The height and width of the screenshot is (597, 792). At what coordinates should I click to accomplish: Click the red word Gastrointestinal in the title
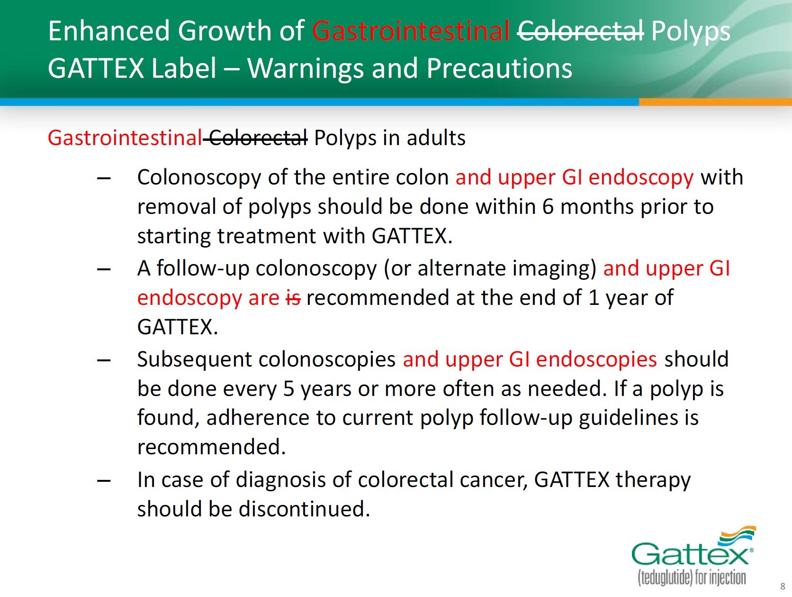(x=411, y=31)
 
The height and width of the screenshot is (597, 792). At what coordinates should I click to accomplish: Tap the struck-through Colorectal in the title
(x=580, y=31)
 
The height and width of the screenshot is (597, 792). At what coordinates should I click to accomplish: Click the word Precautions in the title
(x=499, y=68)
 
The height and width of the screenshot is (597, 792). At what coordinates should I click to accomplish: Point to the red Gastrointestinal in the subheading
(x=125, y=138)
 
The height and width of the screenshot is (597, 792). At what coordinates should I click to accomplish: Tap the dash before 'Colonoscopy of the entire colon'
(x=104, y=178)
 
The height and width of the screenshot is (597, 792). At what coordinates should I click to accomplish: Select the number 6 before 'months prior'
(x=548, y=207)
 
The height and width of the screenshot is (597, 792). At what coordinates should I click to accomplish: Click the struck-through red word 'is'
(x=293, y=298)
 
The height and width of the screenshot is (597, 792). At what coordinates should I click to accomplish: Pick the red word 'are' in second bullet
(x=263, y=299)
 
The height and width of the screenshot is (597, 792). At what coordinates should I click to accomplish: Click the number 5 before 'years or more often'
(x=288, y=389)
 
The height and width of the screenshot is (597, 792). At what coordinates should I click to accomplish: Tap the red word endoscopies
(x=596, y=360)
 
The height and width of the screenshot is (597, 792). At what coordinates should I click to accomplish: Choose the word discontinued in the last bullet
(x=304, y=509)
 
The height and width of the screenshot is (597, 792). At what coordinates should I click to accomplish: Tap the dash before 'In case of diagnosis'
(x=104, y=481)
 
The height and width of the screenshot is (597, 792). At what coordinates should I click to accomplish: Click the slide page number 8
(x=783, y=586)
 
